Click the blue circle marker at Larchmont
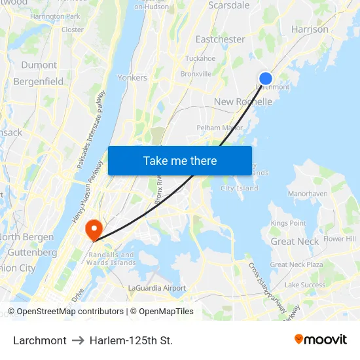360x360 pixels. [x=266, y=79]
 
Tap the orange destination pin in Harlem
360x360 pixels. [x=94, y=229]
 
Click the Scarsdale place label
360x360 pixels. [x=228, y=5]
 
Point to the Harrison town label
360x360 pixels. [x=310, y=29]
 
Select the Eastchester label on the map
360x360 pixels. [x=221, y=39]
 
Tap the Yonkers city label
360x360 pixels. [x=132, y=77]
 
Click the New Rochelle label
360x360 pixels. [x=243, y=101]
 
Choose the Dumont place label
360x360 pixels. [x=39, y=65]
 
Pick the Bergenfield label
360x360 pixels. [x=39, y=81]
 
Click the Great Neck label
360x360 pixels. [x=295, y=241]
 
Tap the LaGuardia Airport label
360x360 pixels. [x=157, y=288]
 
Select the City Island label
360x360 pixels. [x=239, y=189]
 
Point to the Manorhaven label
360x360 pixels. [x=308, y=194]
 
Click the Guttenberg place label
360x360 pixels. [x=32, y=252]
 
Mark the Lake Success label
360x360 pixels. [x=304, y=285]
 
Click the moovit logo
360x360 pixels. [x=321, y=340]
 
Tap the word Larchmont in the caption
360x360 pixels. [x=40, y=340]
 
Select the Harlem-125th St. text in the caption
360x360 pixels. [x=131, y=340]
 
